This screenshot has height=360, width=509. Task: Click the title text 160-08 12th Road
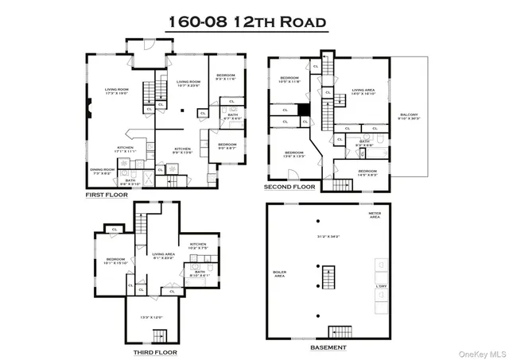247,22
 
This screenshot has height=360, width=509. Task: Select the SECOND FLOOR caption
290,188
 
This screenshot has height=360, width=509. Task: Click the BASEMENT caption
328,347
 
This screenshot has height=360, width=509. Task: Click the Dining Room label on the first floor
100,171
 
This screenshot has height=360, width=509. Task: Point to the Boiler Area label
279,274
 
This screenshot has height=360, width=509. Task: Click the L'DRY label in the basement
380,285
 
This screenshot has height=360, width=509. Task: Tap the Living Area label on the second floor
364,91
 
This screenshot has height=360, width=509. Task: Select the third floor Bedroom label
117,261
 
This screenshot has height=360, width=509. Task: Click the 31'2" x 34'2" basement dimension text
328,236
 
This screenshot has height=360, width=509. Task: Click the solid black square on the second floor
303,110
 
